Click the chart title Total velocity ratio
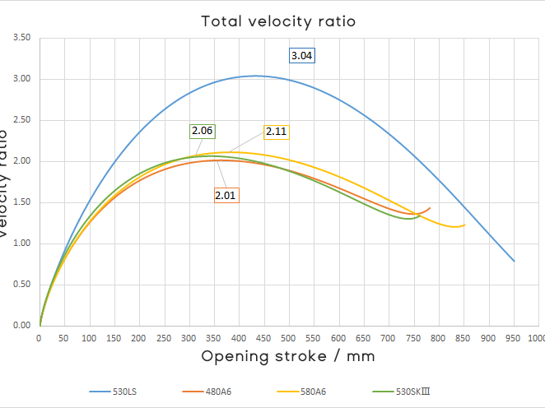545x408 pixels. [279, 21]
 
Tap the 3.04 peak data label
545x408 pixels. [302, 56]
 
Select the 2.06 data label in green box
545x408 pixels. [203, 131]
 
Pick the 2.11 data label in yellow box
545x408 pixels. [277, 131]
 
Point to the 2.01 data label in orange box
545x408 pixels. [226, 195]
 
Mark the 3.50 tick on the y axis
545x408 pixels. [22, 38]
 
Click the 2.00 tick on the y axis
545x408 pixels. [22, 161]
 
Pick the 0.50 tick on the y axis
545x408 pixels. [22, 285]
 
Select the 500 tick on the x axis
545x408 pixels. [288, 338]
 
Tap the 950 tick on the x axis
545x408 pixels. [512, 338]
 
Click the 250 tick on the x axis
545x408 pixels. [164, 338]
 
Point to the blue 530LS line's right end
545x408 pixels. [514, 261]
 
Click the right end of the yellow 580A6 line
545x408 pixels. [464, 225]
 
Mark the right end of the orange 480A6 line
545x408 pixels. [430, 208]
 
